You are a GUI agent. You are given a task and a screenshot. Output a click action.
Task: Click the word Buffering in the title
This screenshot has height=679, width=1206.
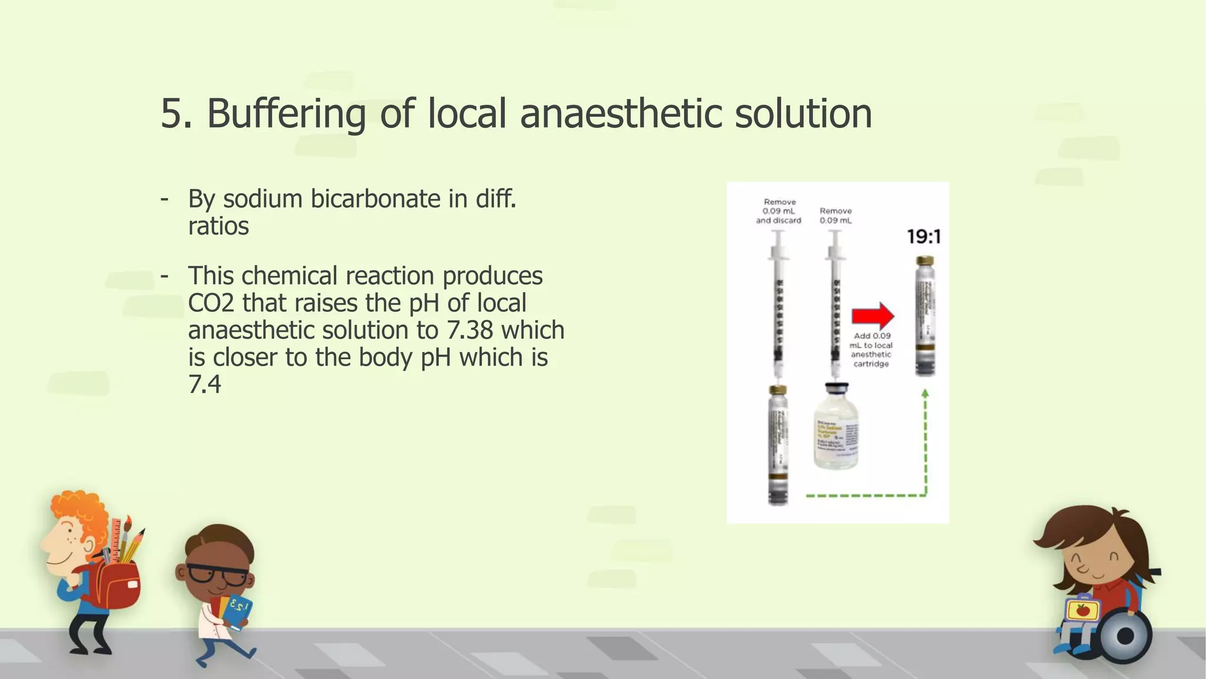click(286, 114)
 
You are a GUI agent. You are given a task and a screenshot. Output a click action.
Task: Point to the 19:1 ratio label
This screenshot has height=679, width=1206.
click(924, 237)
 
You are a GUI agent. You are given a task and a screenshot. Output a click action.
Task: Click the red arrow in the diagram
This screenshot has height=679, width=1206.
click(873, 316)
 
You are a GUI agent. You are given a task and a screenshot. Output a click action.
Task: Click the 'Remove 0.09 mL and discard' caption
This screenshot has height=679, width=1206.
click(779, 211)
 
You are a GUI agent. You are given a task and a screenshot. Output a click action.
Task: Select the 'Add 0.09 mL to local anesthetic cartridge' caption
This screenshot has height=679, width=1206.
click(871, 350)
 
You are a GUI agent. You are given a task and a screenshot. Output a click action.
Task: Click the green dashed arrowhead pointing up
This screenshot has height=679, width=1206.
click(925, 394)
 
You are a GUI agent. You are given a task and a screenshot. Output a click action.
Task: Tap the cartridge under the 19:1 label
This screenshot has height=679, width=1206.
click(925, 317)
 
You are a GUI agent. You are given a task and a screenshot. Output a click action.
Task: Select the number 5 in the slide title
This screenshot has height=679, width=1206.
click(170, 114)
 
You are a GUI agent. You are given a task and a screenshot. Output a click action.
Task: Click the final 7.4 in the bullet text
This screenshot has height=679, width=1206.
click(204, 385)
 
